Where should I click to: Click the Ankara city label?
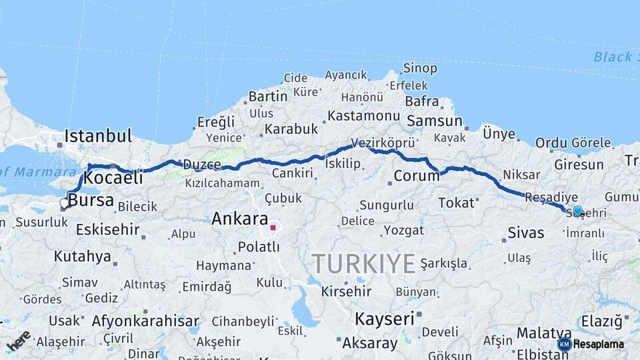click(x=239, y=219)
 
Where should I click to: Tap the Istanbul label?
click(x=98, y=137)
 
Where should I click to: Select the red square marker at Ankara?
click(x=273, y=227)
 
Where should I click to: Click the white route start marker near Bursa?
click(x=65, y=203)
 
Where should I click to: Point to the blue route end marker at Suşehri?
click(x=577, y=211)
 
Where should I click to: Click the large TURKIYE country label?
click(x=364, y=264)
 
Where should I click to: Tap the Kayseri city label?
click(x=384, y=319)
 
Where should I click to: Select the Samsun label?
click(x=434, y=121)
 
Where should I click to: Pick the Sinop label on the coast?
click(x=420, y=68)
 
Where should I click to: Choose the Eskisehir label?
click(x=107, y=230)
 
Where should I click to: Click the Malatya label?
click(x=539, y=332)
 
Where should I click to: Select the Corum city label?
click(x=416, y=176)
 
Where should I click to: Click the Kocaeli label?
click(x=114, y=178)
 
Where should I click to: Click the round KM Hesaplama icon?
click(x=565, y=344)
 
